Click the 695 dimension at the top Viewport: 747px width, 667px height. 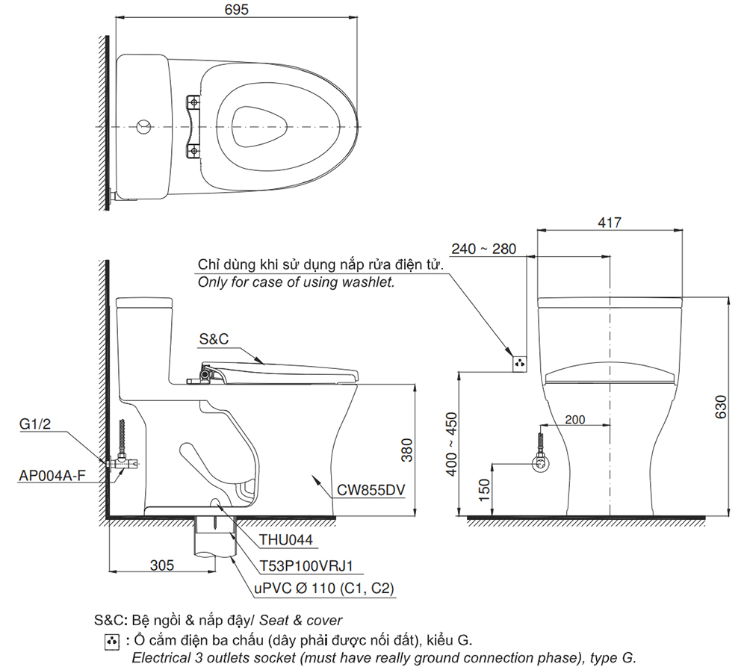click(236, 10)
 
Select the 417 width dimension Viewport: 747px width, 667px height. click(610, 223)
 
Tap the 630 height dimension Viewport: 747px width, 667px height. click(721, 407)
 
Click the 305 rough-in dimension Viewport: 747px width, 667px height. click(161, 565)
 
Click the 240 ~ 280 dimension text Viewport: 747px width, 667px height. click(483, 249)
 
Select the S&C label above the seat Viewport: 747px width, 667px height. click(213, 338)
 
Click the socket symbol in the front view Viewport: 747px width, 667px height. click(520, 363)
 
